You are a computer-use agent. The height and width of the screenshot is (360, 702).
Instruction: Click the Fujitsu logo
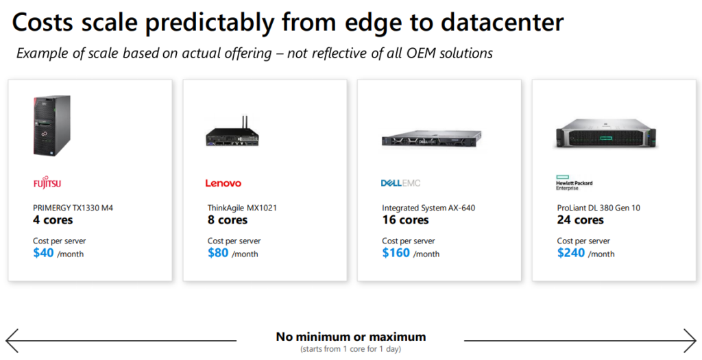pos(47,183)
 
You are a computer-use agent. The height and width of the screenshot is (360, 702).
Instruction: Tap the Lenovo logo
pos(223,183)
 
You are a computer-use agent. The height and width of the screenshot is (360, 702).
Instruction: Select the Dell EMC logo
pos(400,183)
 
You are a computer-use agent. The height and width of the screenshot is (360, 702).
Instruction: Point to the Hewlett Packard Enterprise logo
pos(574,182)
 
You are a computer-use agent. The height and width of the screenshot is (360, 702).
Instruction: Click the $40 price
pos(43,253)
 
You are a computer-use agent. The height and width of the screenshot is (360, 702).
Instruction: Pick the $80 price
pos(218,253)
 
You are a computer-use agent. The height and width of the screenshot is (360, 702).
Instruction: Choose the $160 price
pos(396,253)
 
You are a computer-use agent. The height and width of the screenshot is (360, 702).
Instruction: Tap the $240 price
pos(571,253)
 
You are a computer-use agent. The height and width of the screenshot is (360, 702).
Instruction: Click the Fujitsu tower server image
pos(51,125)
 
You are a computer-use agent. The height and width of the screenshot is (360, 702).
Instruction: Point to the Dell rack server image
pos(432,139)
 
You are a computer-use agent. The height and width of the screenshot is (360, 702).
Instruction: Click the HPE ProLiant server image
pos(606,134)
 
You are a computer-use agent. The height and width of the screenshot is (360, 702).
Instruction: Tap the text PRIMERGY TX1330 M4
pos(73,208)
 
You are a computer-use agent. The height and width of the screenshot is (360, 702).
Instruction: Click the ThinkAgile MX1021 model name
pos(242,208)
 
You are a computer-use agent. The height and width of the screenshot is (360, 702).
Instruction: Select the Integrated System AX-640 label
pos(428,208)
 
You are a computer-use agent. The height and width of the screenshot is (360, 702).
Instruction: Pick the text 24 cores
pos(580,220)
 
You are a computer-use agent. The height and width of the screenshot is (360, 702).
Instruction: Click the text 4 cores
pos(53,220)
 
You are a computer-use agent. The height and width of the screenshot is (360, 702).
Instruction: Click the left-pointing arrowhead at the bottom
pos(12,341)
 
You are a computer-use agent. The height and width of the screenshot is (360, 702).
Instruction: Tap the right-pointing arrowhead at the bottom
pos(690,341)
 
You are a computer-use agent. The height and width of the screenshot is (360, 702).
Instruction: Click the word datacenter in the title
pos(502,22)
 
